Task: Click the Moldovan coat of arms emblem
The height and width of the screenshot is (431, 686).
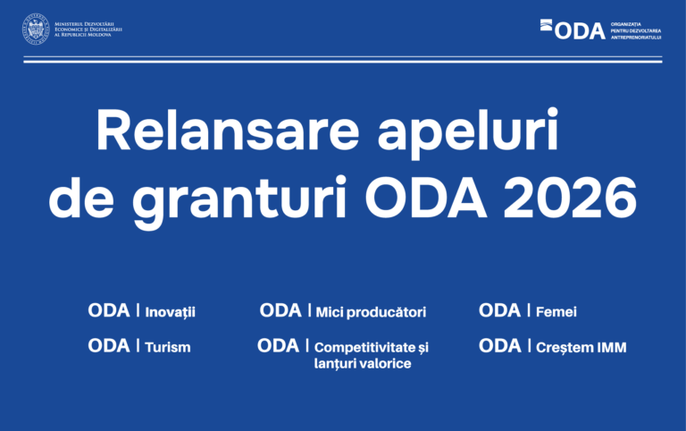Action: click(36, 30)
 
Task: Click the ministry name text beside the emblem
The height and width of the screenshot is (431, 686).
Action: click(88, 30)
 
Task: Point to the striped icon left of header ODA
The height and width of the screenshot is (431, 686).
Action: click(547, 27)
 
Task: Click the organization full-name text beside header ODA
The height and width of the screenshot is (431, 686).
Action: click(635, 30)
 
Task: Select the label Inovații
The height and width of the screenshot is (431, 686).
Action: click(170, 312)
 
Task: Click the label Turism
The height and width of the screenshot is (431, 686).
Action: click(167, 347)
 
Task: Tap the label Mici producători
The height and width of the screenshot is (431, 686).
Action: click(371, 312)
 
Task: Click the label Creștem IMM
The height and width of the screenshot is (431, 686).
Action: click(581, 347)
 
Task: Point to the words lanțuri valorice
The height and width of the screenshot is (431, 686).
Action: click(363, 364)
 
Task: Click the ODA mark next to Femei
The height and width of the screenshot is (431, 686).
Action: click(499, 310)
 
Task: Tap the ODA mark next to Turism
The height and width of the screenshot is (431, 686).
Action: click(109, 345)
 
